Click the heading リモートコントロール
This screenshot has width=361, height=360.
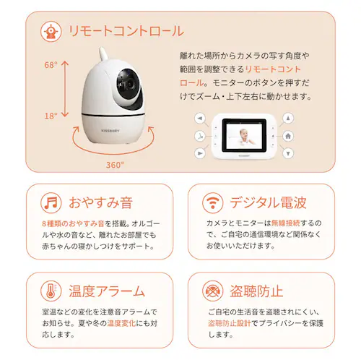[x=125, y=31]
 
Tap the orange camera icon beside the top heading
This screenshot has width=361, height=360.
[x=50, y=31]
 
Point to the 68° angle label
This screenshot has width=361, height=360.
[x=50, y=65]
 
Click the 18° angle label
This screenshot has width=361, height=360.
[x=50, y=116]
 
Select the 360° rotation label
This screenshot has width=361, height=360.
[x=114, y=165]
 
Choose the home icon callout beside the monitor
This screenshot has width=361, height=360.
[x=288, y=135]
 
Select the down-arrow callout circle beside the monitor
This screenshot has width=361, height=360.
[x=288, y=153]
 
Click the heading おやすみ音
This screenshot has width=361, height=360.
[x=100, y=202]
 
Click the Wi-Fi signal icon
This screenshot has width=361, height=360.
[x=212, y=202]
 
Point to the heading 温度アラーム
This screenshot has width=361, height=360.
[x=107, y=292]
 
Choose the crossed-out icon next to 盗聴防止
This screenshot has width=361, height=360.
[x=212, y=292]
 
